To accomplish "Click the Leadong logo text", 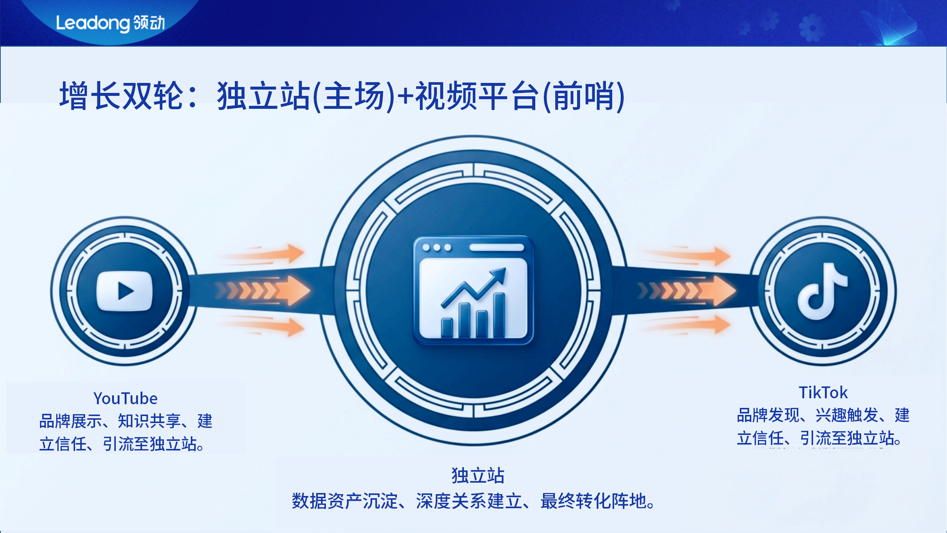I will [x=110, y=23].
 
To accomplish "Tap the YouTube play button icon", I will [x=124, y=291].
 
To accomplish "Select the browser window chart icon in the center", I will [x=473, y=290].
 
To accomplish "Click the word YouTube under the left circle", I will [x=125, y=399].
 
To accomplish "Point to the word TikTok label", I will [x=823, y=393].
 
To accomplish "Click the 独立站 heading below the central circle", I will [x=478, y=476].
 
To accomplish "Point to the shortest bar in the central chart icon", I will [x=447, y=328].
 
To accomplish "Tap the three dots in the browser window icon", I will [x=437, y=247].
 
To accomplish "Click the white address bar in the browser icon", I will [x=496, y=247].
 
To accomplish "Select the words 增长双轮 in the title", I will [x=121, y=96].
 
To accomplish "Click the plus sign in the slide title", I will [x=405, y=96].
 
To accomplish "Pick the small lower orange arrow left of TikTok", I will [x=688, y=325].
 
